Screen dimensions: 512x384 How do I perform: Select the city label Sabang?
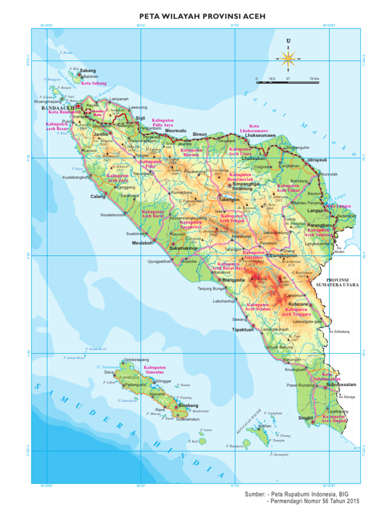tap(88, 71)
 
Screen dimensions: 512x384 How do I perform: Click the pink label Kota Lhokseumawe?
tap(254, 128)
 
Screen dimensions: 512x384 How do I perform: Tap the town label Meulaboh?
tap(141, 243)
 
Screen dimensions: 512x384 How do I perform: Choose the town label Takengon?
tap(229, 199)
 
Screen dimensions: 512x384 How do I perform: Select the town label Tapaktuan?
tap(241, 329)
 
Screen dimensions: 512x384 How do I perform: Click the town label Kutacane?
tap(298, 304)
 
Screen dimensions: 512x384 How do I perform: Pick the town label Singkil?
tap(305, 417)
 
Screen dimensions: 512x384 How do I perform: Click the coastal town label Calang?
tap(97, 196)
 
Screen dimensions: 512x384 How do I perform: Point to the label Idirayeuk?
tap(316, 159)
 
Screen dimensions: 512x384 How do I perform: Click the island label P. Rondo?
tap(65, 52)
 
